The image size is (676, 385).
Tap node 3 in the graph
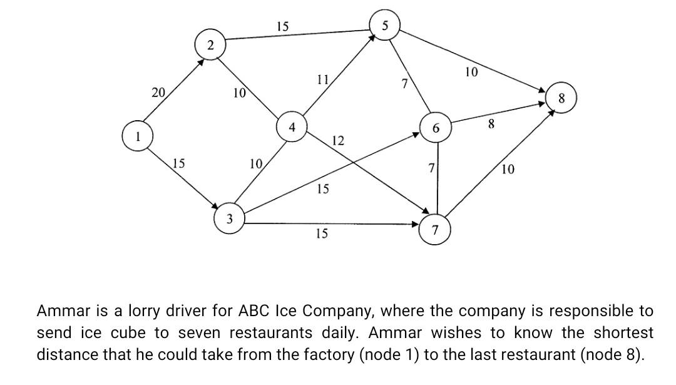pos(230,218)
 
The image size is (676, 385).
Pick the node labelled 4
pos(292,127)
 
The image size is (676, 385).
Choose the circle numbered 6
pos(436,128)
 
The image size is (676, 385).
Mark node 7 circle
pos(436,230)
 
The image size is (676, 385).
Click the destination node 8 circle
pos(561,98)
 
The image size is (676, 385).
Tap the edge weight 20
pos(158,93)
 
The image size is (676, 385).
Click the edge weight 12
pos(337,140)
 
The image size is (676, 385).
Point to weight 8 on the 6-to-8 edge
pos(491,125)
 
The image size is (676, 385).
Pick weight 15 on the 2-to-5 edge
pos(283,26)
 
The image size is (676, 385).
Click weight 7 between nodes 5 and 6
pos(405,84)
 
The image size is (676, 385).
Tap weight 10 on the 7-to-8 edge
pos(508,169)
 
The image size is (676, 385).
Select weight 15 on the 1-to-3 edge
pos(178,163)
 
